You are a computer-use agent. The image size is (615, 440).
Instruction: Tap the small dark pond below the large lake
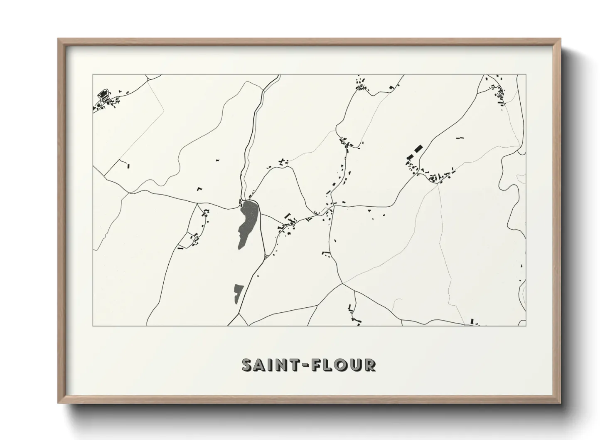[238, 294]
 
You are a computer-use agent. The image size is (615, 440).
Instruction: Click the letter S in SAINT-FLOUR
[248, 365]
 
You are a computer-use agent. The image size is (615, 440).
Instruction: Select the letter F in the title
[316, 365]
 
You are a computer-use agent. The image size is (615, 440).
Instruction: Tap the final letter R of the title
[369, 365]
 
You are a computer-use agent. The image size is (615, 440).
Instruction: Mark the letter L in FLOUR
[328, 365]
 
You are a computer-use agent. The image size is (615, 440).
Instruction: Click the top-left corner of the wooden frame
[58, 39]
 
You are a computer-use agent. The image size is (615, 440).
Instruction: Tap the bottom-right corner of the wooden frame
[560, 403]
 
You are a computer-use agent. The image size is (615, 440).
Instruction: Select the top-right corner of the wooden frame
[560, 39]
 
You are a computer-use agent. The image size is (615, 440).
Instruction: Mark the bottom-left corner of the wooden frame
[58, 403]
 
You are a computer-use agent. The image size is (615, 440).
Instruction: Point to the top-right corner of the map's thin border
[526, 75]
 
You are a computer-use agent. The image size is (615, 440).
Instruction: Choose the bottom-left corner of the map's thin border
[93, 326]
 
